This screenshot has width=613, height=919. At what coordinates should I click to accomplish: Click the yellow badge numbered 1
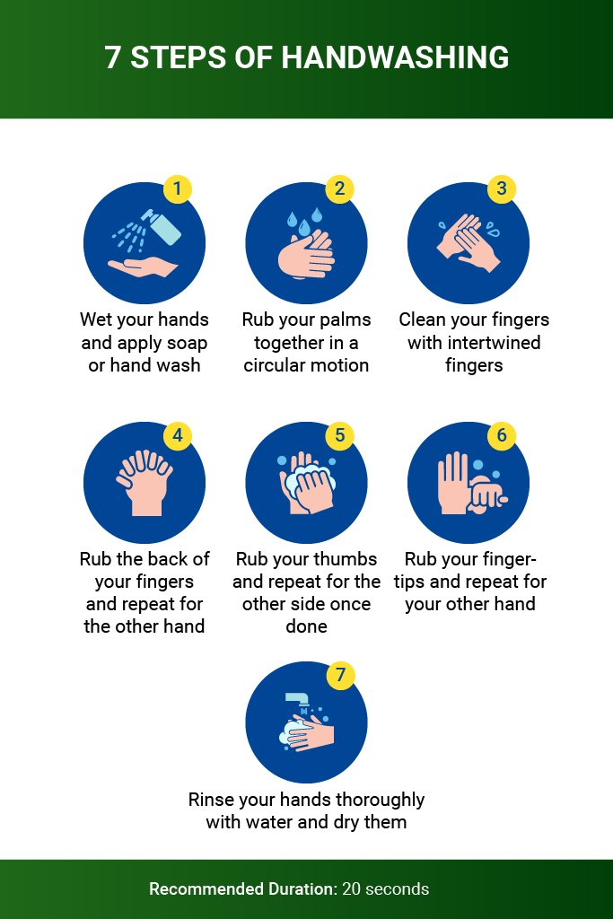click(178, 188)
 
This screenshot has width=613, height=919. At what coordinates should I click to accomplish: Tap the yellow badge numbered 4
click(178, 435)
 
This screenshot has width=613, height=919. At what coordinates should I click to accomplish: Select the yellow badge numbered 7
click(340, 675)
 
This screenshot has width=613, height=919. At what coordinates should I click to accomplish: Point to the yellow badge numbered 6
click(502, 435)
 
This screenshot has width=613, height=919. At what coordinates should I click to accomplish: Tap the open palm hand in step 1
click(143, 267)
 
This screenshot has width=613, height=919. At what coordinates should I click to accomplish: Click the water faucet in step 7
click(297, 699)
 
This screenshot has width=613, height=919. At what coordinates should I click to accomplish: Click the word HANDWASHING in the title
click(395, 57)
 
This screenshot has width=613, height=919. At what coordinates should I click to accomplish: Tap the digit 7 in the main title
click(112, 57)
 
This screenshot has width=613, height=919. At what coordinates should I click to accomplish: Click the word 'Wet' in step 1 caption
click(95, 319)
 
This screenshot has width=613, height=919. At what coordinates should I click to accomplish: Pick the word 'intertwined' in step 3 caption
click(474, 342)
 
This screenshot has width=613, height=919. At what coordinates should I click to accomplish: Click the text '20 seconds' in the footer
click(386, 888)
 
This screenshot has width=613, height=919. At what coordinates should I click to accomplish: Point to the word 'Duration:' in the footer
click(303, 888)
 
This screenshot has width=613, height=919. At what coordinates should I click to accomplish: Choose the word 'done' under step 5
click(307, 626)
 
